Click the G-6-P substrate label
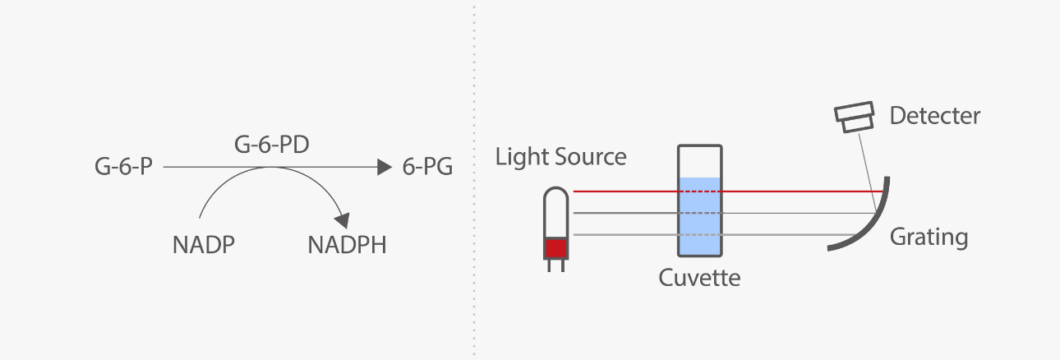tap(124, 168)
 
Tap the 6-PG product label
tap(427, 168)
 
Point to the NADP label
tap(205, 245)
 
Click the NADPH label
tap(347, 245)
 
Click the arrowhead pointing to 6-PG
tap(384, 168)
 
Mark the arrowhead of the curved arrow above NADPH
tap(342, 219)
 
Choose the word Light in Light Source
tap(523, 156)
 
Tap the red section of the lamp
tap(556, 247)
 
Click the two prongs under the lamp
tap(556, 265)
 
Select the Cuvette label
tap(699, 278)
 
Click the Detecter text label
tap(935, 116)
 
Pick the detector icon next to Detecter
tap(855, 118)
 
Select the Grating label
tap(929, 238)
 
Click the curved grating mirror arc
tap(871, 227)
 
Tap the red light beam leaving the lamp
tap(624, 192)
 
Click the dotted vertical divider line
tap(474, 180)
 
